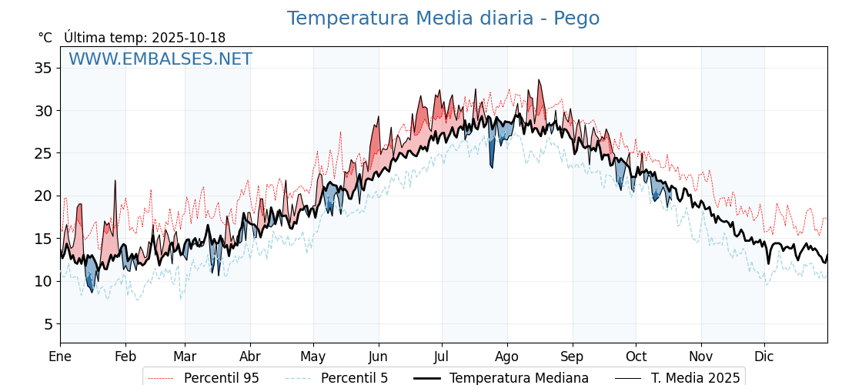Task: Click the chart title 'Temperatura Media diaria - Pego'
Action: [443, 18]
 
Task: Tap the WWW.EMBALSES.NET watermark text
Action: [160, 59]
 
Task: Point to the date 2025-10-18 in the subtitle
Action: [189, 38]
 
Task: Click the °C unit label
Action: [45, 38]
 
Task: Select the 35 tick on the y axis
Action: [43, 68]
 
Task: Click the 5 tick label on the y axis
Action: [47, 323]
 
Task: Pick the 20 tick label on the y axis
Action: [43, 196]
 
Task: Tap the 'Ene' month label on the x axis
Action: [60, 357]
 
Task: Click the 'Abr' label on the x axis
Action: [249, 357]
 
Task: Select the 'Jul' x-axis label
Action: [442, 357]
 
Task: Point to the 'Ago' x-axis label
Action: [507, 357]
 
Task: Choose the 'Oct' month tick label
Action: [636, 357]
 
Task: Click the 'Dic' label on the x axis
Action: [764, 357]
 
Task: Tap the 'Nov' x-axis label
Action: [700, 357]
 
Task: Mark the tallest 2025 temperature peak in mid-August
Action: [539, 80]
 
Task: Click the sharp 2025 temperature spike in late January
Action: [115, 181]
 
